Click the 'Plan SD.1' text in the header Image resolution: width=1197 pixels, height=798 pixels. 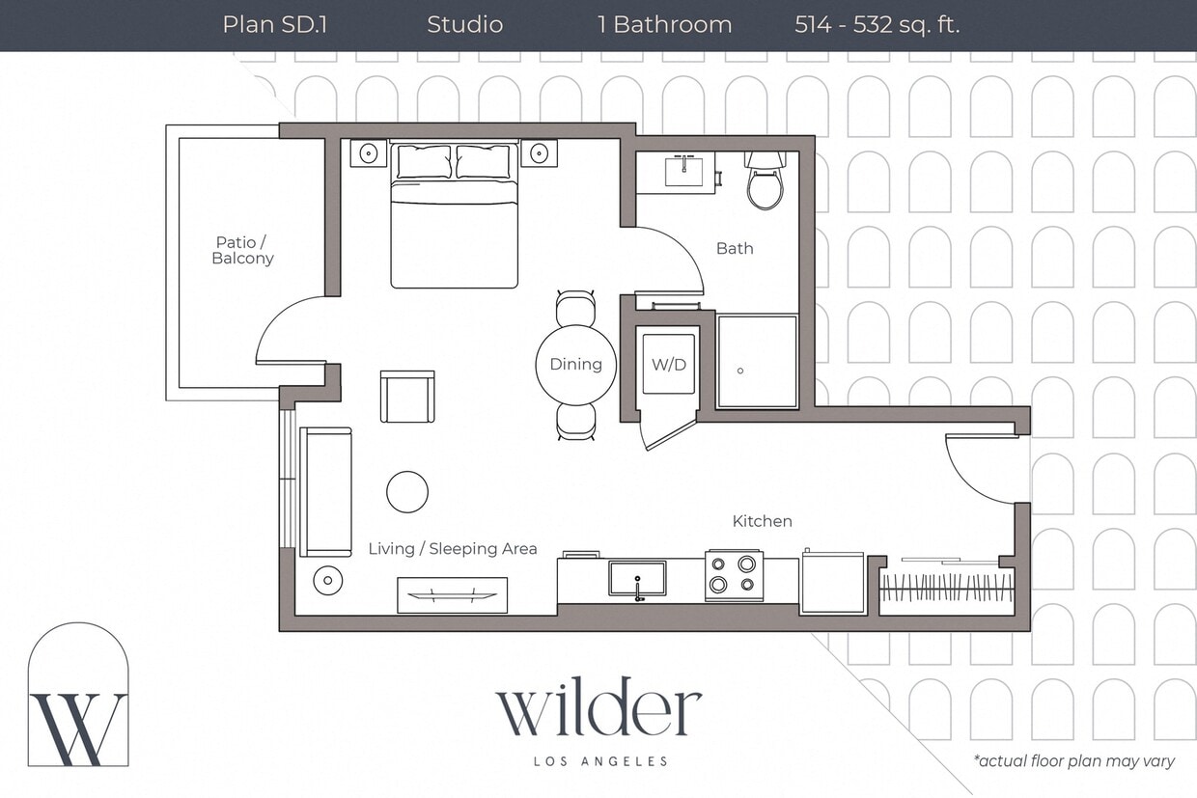point(274,25)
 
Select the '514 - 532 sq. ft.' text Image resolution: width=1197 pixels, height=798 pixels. point(877,25)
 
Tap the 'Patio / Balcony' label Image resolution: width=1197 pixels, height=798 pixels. point(243,250)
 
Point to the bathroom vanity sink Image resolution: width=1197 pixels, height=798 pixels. point(687,171)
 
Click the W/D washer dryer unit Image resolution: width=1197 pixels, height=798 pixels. point(669,365)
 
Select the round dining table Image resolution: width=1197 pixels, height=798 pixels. point(576,365)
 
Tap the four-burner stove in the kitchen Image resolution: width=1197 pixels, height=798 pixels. point(734,575)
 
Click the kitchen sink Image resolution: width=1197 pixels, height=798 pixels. point(637,579)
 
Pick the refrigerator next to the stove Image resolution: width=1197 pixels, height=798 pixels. point(832,582)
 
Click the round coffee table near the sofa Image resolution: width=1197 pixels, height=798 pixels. point(407,492)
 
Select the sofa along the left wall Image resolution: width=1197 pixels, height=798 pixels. point(325,492)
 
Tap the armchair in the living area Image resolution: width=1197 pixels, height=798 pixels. point(407,397)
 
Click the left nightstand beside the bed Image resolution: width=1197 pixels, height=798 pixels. point(368,153)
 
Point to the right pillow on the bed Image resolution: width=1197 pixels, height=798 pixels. point(483,162)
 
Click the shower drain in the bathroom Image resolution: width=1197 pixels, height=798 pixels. point(740,371)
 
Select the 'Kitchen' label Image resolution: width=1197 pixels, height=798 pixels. point(762,521)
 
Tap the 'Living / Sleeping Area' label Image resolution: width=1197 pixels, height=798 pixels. point(453,549)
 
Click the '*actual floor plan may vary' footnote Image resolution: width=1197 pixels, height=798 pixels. point(1073,761)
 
